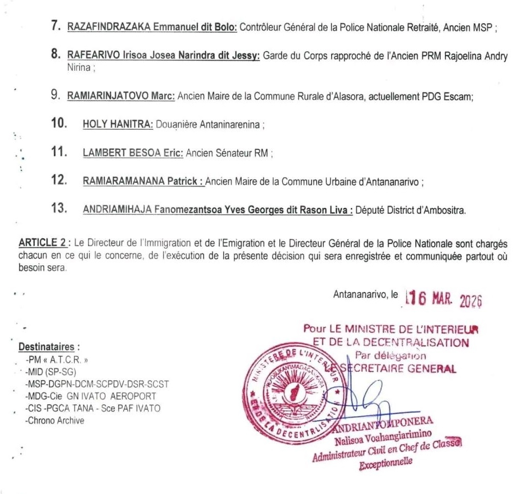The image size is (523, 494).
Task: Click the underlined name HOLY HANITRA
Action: pyautogui.click(x=118, y=125)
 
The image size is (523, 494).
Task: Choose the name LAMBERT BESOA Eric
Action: pyautogui.click(x=132, y=153)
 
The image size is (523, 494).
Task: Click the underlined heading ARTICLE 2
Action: pyautogui.click(x=43, y=243)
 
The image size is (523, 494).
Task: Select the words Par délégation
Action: pyautogui.click(x=390, y=355)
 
